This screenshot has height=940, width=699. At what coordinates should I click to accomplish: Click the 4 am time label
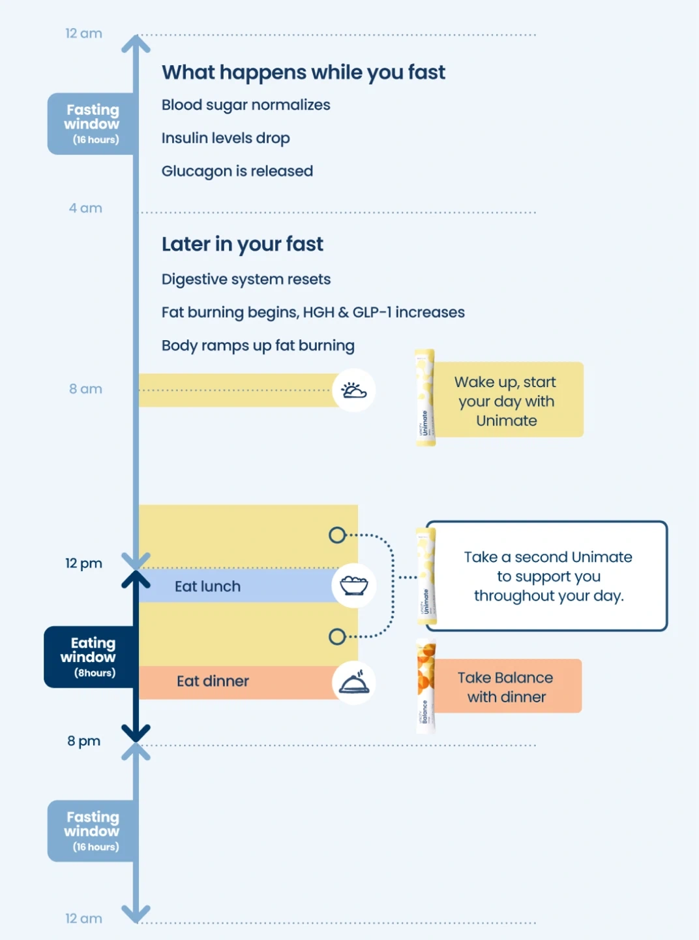[x=85, y=208]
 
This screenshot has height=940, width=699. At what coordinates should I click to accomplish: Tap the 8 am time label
[x=85, y=389]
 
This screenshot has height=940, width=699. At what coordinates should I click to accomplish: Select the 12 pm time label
[x=83, y=563]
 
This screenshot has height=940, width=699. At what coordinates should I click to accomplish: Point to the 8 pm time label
[x=83, y=741]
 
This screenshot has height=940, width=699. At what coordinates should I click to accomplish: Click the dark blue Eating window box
[x=89, y=657]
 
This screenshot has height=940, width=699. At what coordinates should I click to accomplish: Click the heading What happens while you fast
[x=303, y=72]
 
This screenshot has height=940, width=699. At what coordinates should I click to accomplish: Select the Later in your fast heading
[x=242, y=244]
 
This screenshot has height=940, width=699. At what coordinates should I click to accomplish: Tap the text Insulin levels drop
[x=226, y=138]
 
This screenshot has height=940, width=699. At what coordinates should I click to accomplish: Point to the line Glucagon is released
[x=237, y=171]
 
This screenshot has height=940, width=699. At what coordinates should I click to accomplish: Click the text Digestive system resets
[x=246, y=279]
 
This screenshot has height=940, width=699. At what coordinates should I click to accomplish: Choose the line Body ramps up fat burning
[x=258, y=345]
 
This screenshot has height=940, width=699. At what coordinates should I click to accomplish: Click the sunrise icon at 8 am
[x=353, y=390]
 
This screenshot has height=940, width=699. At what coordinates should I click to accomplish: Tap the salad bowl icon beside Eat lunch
[x=353, y=585]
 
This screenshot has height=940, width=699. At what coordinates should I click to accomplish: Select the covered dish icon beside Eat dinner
[x=353, y=682]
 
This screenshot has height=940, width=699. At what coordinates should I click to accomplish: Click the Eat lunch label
[x=207, y=586]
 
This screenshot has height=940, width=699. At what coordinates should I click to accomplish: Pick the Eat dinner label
[x=213, y=681]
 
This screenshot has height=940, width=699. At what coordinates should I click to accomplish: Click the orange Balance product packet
[x=426, y=687]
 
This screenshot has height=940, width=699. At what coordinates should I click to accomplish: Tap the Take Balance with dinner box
[x=507, y=687]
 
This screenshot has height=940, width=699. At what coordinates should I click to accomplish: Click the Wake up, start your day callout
[x=507, y=401]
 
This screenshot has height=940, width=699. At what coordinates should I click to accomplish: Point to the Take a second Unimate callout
[x=548, y=576]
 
